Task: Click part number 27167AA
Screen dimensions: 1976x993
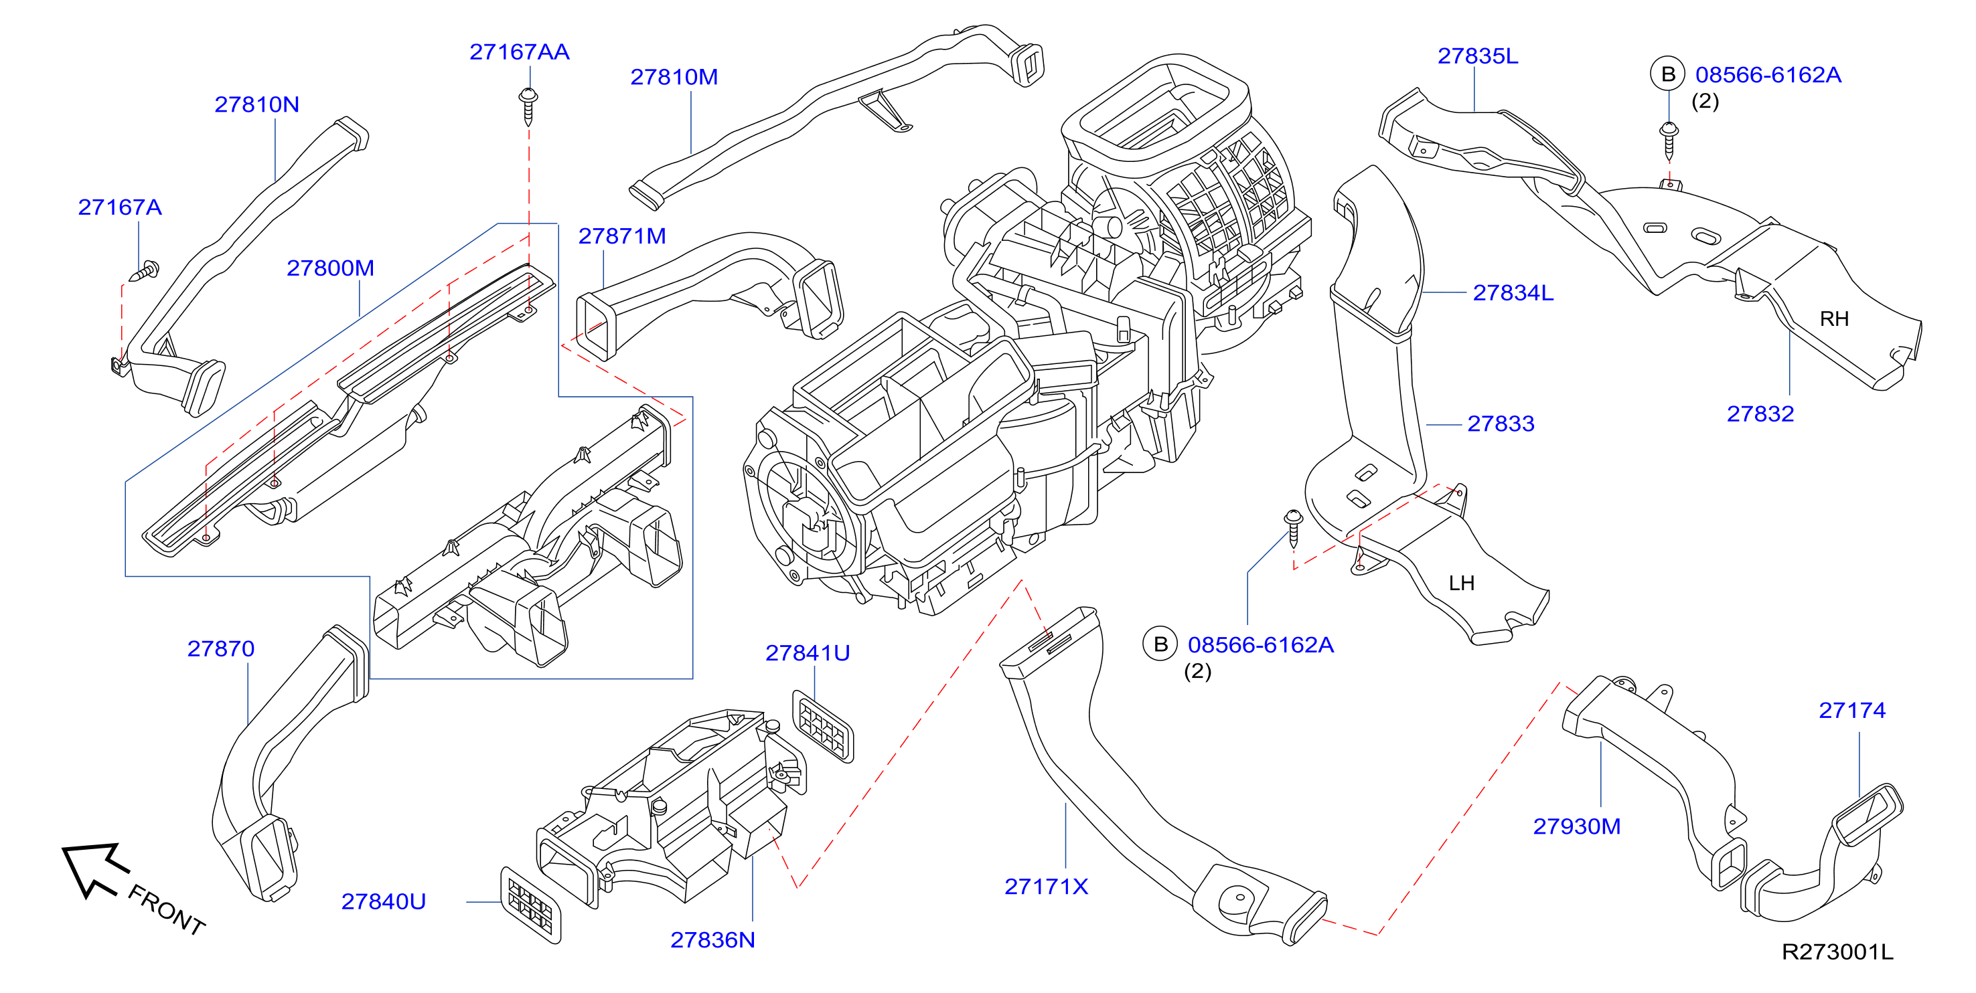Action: point(520,52)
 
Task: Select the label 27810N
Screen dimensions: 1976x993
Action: point(257,104)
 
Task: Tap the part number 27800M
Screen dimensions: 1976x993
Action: point(331,268)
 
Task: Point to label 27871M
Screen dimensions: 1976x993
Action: point(622,236)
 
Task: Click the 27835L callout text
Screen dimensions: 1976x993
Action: point(1477,56)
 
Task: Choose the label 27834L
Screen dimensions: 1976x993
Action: point(1513,293)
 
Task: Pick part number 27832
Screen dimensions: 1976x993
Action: point(1760,414)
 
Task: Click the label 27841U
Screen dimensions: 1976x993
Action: point(808,653)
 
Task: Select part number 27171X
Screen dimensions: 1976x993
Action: point(1047,887)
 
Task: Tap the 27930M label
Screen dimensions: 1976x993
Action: point(1576,826)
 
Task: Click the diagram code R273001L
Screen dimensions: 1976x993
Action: point(1837,952)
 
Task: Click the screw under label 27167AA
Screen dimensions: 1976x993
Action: point(528,106)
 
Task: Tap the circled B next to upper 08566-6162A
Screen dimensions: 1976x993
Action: point(1667,74)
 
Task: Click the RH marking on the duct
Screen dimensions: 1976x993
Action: point(1834,319)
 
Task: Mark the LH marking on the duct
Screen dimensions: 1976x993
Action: point(1461,583)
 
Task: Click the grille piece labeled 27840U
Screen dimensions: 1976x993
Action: point(530,905)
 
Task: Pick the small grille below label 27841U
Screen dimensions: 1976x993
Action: point(822,726)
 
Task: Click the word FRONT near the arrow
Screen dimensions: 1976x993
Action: point(167,909)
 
